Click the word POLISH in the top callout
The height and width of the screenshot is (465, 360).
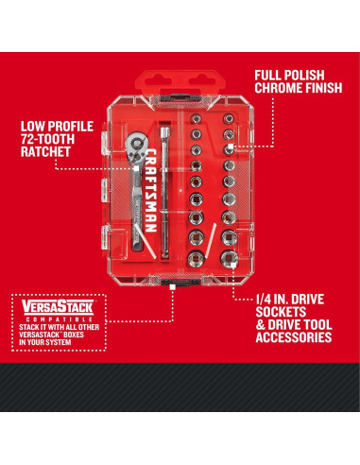[304, 76]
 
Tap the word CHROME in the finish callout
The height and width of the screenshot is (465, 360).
[275, 88]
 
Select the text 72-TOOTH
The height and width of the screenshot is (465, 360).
[47, 139]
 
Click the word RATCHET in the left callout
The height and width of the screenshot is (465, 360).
[45, 151]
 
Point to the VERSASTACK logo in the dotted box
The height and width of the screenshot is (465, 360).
[58, 307]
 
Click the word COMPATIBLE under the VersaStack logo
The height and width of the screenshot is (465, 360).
[58, 319]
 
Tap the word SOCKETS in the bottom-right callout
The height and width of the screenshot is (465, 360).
[281, 312]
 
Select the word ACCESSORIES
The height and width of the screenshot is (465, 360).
[294, 337]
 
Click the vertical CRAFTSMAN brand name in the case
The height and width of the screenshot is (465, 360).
[150, 191]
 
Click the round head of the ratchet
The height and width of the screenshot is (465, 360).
[135, 146]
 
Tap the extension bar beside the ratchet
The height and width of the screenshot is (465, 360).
[164, 193]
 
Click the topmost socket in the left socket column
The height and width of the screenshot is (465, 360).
[196, 119]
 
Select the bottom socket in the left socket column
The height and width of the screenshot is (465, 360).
[196, 259]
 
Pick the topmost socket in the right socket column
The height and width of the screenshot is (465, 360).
[229, 119]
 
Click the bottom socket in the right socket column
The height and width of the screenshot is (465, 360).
[229, 259]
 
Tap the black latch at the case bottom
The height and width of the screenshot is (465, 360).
[180, 283]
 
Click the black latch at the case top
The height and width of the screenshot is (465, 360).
[180, 96]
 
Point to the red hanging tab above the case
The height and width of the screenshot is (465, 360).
[180, 82]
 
